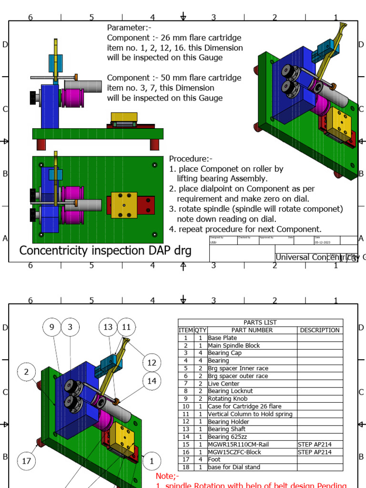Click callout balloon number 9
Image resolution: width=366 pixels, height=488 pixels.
[52, 327]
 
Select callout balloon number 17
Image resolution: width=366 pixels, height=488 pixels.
[27, 461]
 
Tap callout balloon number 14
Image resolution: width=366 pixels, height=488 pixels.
[152, 381]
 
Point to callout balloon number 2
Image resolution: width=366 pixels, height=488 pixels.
[27, 372]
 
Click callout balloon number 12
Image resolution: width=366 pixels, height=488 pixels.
[152, 363]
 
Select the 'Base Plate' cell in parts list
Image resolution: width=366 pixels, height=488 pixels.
[223, 338]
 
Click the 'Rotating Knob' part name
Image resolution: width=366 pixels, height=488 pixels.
[227, 399]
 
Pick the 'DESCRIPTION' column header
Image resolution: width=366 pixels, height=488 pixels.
[320, 330]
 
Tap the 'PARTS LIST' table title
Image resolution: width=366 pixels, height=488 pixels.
[260, 323]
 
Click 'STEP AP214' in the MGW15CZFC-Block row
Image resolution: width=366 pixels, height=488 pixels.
[315, 452]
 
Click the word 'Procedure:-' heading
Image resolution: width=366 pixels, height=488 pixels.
[191, 159]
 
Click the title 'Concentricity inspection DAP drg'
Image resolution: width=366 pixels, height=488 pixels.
[105, 251]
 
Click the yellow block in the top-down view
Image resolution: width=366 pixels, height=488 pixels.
[124, 205]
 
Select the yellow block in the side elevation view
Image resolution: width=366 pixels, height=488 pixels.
[124, 117]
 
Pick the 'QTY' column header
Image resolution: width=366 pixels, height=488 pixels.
[200, 330]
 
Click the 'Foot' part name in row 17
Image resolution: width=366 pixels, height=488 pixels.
[214, 460]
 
